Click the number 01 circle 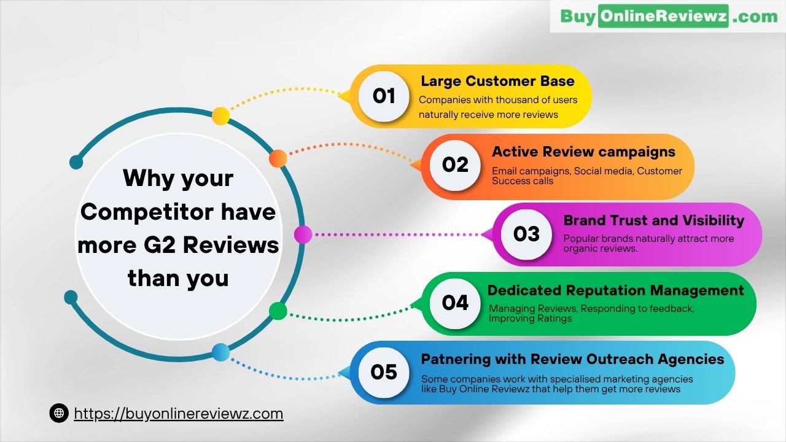pyautogui.click(x=384, y=96)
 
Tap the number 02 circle pyautogui.click(x=455, y=165)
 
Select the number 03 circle pyautogui.click(x=526, y=235)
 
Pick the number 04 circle pyautogui.click(x=455, y=303)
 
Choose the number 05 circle pyautogui.click(x=384, y=372)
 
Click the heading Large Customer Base pyautogui.click(x=497, y=81)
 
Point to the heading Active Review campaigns pyautogui.click(x=583, y=152)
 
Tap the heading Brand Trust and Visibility pyautogui.click(x=654, y=220)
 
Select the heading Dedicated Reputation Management pyautogui.click(x=615, y=290)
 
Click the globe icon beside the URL pyautogui.click(x=59, y=413)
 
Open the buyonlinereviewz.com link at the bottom pyautogui.click(x=179, y=414)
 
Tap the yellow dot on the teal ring pyautogui.click(x=220, y=116)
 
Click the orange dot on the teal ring pyautogui.click(x=278, y=158)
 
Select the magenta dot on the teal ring pyautogui.click(x=303, y=235)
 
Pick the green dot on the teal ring pyautogui.click(x=278, y=311)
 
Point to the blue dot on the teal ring pyautogui.click(x=220, y=352)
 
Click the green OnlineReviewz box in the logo pyautogui.click(x=664, y=16)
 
